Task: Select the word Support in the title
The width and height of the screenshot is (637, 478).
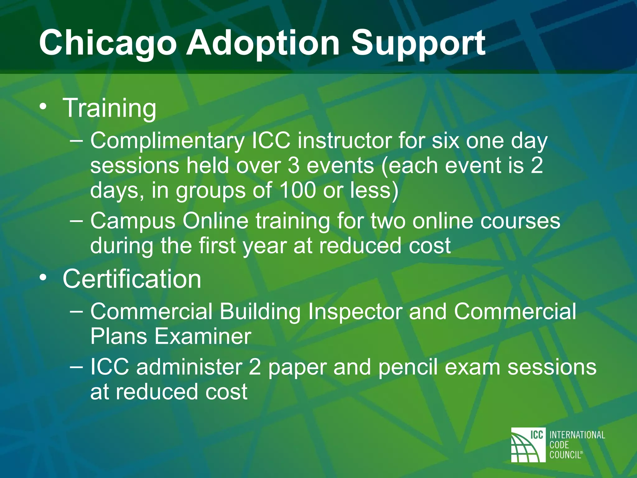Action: tap(418, 44)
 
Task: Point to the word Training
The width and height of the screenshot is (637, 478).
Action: tap(109, 108)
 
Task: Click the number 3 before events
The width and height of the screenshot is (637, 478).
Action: tap(294, 166)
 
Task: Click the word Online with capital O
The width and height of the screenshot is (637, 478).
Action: tap(215, 221)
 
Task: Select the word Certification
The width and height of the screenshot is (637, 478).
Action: tap(132, 279)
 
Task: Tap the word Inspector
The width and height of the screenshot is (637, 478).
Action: tap(355, 312)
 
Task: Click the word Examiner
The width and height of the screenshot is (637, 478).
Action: tap(202, 336)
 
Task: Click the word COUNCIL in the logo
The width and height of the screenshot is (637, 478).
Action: tap(565, 455)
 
